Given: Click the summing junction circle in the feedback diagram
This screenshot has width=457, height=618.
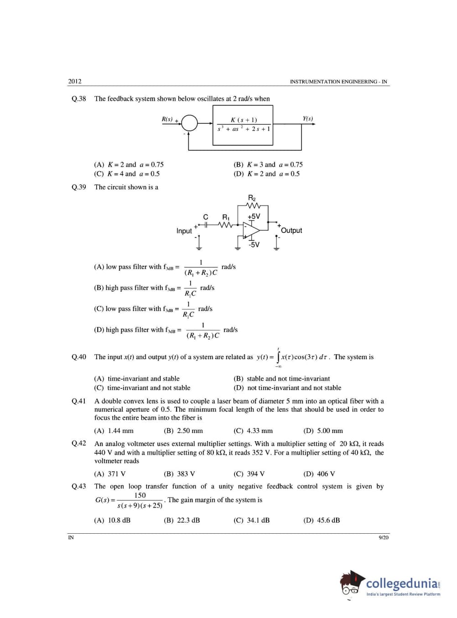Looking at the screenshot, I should click(x=190, y=123).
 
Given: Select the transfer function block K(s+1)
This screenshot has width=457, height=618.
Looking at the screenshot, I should click(x=243, y=125).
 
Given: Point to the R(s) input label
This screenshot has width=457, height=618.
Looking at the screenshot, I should click(x=167, y=119).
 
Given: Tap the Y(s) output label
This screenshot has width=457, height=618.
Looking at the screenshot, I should click(x=308, y=118).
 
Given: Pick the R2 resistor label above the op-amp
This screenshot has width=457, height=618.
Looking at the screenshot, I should click(x=252, y=198).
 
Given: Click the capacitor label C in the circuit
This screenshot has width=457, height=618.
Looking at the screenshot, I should click(x=206, y=217).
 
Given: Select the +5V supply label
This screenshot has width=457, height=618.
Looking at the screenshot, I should click(x=254, y=216).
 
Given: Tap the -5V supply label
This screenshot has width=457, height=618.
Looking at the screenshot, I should click(x=254, y=245).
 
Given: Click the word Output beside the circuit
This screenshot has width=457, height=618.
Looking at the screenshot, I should click(x=291, y=231).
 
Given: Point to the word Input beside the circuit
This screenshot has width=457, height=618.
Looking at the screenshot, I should click(x=184, y=231).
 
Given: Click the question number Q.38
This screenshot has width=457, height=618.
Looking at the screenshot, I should click(x=79, y=98).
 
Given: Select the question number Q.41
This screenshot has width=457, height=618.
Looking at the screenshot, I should click(x=79, y=401).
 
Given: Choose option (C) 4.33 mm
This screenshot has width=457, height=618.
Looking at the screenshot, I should click(x=253, y=431).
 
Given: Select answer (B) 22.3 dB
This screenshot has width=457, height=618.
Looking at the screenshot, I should click(x=182, y=520).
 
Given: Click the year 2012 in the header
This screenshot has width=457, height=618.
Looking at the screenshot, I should click(x=75, y=82).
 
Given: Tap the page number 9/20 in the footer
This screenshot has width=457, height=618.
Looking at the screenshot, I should click(x=384, y=538).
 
